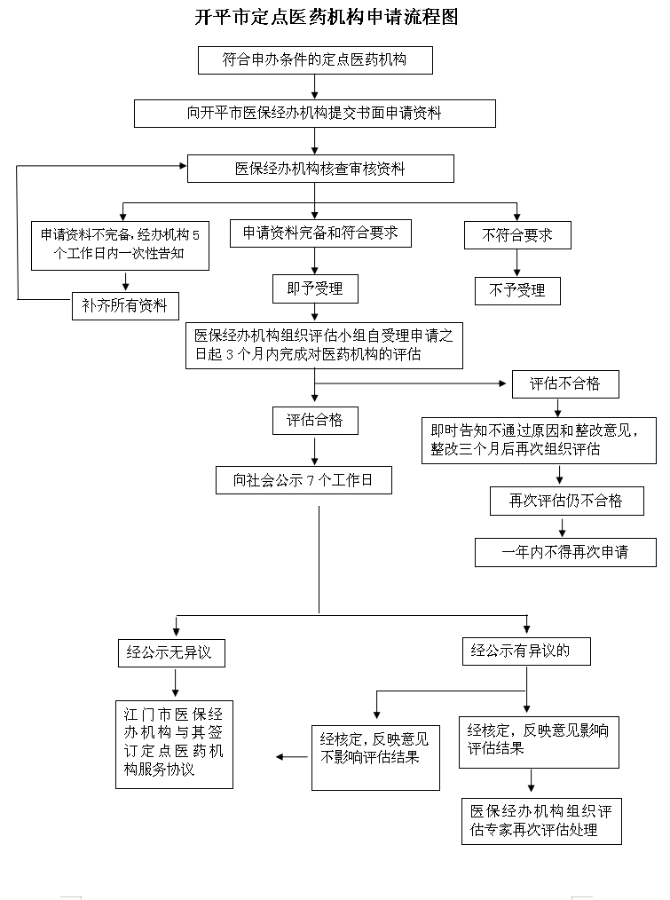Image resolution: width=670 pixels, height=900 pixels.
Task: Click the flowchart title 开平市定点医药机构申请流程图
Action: click(x=326, y=19)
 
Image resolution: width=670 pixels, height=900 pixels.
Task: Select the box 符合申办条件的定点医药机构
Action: click(x=315, y=60)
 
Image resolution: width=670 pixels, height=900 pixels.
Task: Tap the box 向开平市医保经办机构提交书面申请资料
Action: click(x=315, y=113)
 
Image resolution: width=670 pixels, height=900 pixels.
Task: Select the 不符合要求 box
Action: click(x=517, y=235)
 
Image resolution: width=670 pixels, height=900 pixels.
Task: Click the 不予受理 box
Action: click(x=517, y=290)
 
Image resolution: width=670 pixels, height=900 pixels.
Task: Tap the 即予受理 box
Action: click(x=314, y=288)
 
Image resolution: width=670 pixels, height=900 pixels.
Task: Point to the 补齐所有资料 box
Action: click(x=124, y=306)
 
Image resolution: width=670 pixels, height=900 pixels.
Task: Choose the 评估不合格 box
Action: click(x=565, y=383)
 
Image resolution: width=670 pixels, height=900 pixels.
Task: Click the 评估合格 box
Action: click(x=314, y=421)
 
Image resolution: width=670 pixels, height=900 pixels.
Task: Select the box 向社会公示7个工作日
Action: click(x=303, y=481)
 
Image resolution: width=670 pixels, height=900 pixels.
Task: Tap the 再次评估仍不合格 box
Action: click(x=565, y=501)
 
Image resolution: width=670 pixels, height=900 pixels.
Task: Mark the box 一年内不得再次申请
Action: click(x=565, y=552)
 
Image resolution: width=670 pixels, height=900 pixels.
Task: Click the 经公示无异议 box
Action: click(x=170, y=652)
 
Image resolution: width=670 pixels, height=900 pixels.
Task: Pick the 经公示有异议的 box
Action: click(x=526, y=651)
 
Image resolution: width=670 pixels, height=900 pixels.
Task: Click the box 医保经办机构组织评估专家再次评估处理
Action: click(x=541, y=821)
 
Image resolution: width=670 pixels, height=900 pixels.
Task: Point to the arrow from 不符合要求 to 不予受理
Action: click(x=517, y=263)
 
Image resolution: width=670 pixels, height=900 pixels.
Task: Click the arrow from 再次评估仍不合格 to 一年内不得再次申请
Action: click(x=562, y=526)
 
